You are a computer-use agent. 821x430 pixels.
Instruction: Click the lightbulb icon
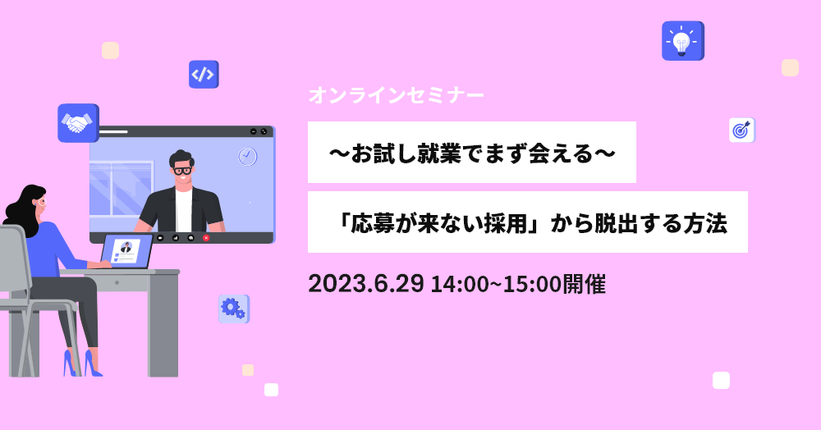coord(683,41)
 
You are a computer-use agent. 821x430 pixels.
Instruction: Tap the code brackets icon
coord(204,75)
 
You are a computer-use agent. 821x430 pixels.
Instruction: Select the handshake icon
coord(78,123)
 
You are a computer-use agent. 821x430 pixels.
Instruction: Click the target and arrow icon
coord(742,130)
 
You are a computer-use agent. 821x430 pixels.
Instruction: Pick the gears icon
coord(233,309)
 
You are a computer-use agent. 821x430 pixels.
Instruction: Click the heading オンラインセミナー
coord(396,96)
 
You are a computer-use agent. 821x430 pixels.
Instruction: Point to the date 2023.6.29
coord(365,284)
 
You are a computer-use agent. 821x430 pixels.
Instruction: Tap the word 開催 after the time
coord(584,284)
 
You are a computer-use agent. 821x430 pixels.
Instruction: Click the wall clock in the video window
coord(248,157)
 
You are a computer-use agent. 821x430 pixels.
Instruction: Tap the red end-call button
coord(206,238)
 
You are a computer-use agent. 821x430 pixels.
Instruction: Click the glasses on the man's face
coord(182,171)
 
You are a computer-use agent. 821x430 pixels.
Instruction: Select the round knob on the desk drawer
coord(117,282)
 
